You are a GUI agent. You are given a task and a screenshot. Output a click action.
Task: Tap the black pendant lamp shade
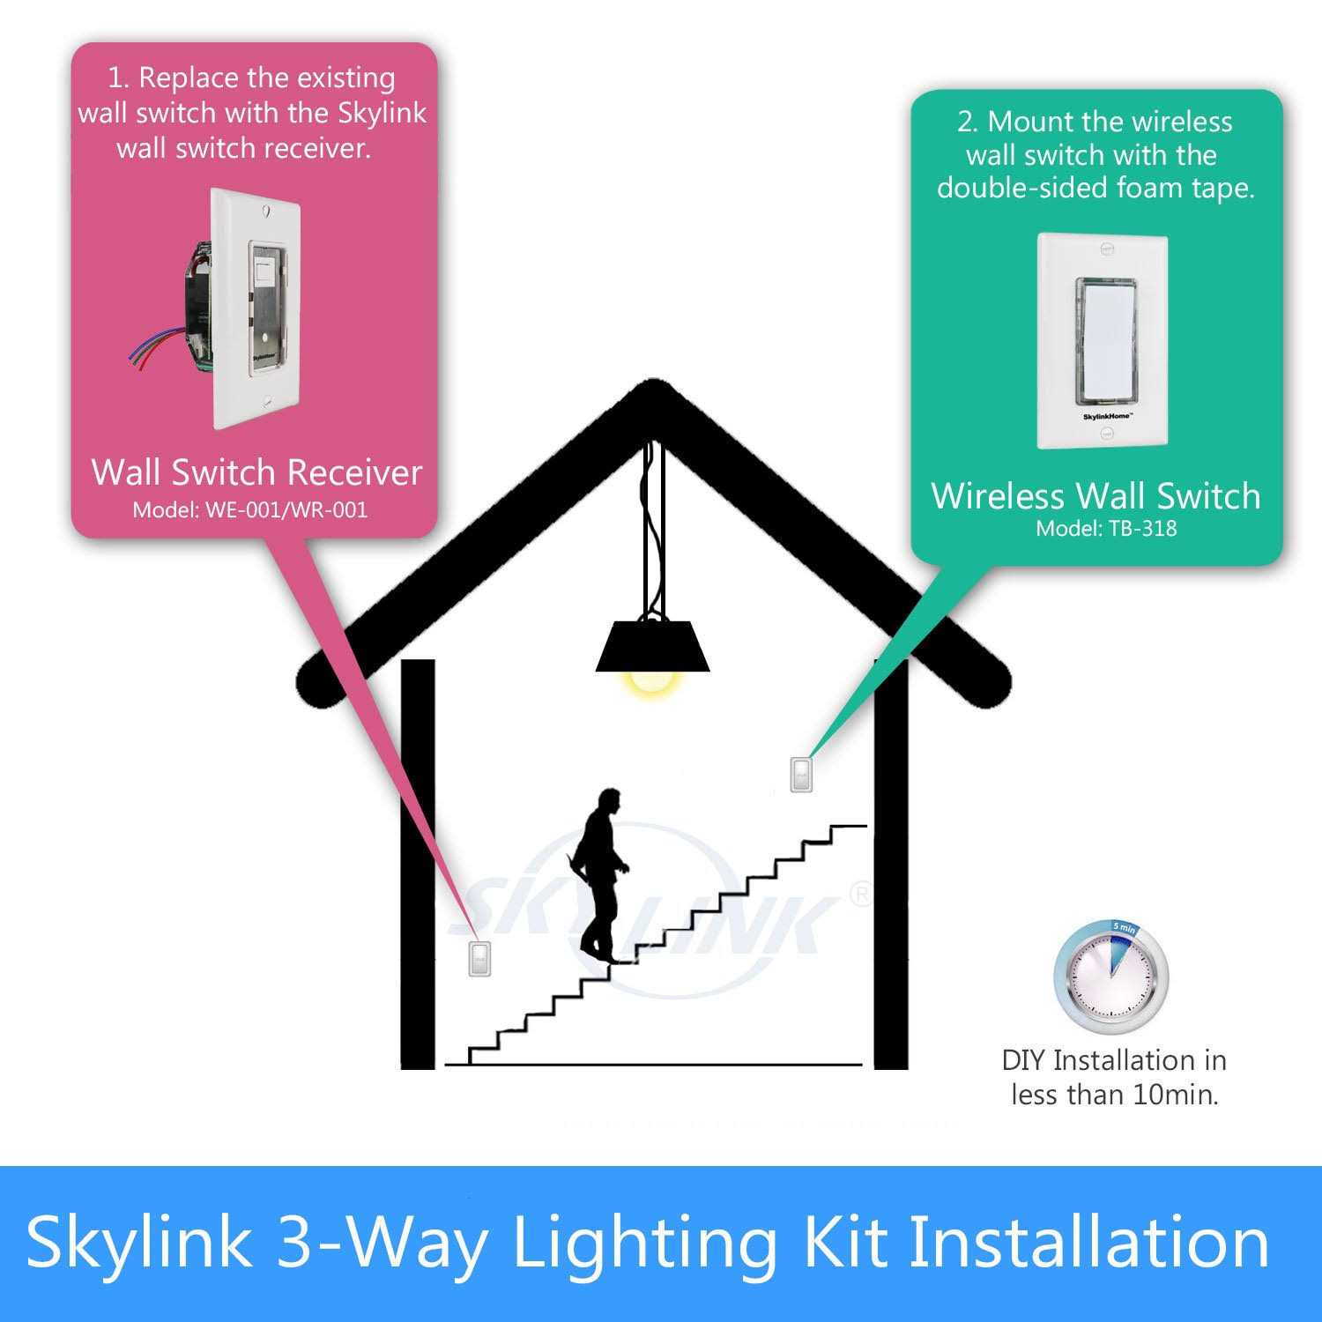click(x=653, y=647)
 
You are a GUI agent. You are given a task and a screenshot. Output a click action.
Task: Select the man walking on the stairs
click(x=599, y=873)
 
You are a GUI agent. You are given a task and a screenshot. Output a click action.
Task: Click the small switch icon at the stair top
click(x=801, y=775)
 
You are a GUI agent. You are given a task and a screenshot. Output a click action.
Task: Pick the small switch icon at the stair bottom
click(x=479, y=959)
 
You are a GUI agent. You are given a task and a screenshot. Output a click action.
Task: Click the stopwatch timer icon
click(x=1111, y=977)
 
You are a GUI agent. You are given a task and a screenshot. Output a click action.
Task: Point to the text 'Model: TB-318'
click(x=1106, y=528)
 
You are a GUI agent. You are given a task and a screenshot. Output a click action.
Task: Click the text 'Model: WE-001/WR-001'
click(x=250, y=509)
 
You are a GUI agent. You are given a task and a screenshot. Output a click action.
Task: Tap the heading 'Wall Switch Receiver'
click(x=256, y=472)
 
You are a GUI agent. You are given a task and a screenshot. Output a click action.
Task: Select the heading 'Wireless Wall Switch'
click(x=1095, y=495)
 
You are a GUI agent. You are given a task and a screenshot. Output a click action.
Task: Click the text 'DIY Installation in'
click(x=1114, y=1059)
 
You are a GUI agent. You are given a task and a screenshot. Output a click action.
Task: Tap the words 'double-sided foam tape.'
click(x=1095, y=188)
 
